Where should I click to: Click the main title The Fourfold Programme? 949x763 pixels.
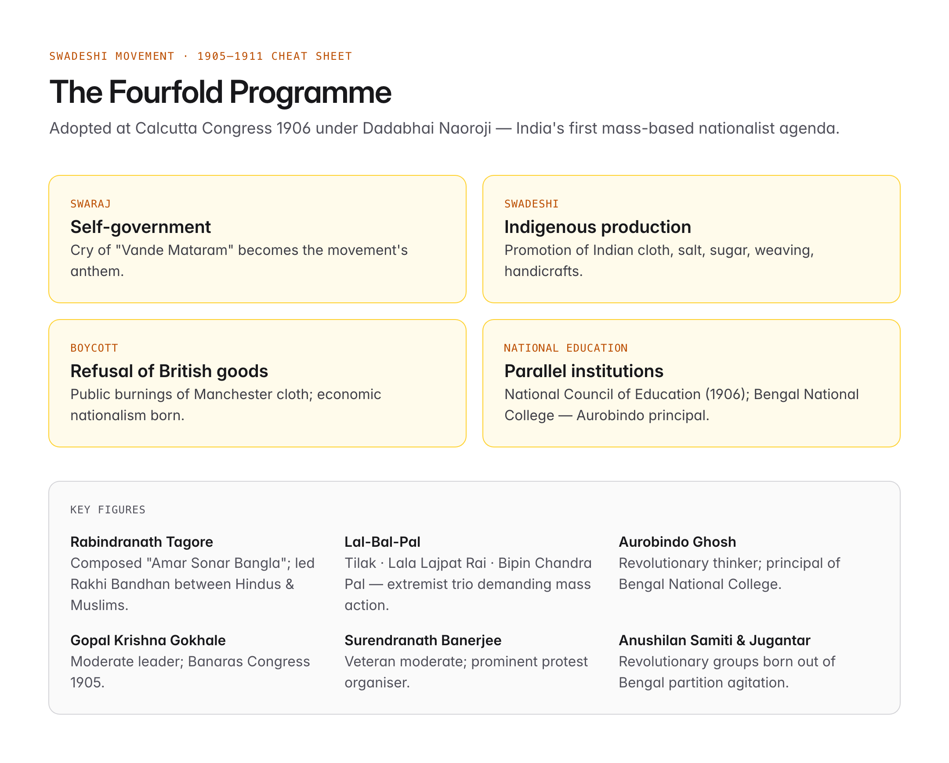point(220,92)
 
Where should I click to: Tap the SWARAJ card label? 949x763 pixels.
point(91,204)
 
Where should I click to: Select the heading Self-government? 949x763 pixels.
point(141,227)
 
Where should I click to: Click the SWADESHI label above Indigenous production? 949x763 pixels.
point(531,204)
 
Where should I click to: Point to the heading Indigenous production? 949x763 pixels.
point(598,227)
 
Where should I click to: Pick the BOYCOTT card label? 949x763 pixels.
point(94,348)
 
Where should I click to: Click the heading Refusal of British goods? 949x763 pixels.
point(169,371)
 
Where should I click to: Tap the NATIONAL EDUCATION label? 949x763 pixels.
point(565,348)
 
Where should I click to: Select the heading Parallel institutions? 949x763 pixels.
point(583,371)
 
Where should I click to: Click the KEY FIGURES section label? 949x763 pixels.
point(108,509)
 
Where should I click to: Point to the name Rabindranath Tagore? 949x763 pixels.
point(142,542)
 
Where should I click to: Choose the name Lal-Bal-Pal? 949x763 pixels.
point(383,542)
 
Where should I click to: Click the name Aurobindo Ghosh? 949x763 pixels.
point(677,542)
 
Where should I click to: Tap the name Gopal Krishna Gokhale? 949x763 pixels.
point(148,641)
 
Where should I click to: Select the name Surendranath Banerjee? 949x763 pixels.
point(423,641)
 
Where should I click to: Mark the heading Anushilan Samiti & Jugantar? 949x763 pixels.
point(714,641)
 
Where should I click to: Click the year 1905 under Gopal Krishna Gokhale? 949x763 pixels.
point(87,683)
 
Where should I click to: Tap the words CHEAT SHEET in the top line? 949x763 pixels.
point(312,56)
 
